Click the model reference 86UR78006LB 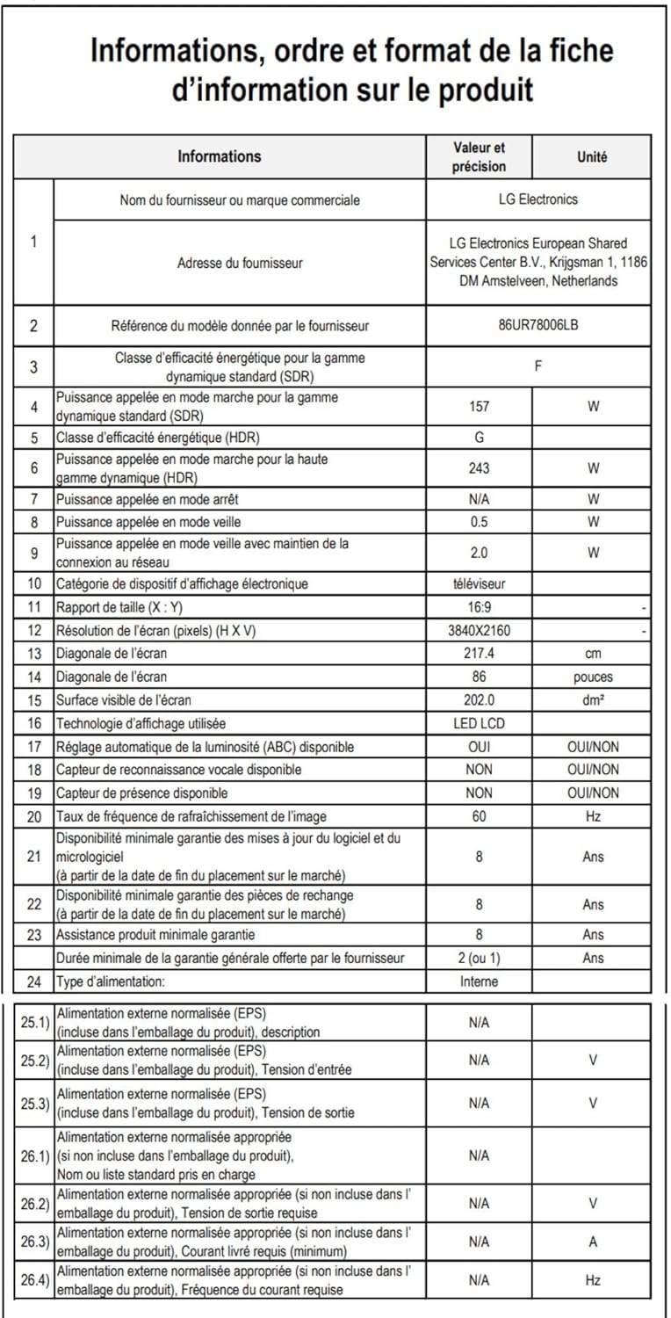538,325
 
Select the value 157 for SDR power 480,406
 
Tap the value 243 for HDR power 480,468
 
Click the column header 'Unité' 592,156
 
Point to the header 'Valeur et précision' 480,156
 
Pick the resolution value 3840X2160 480,630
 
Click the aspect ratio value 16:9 480,606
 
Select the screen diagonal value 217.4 480,654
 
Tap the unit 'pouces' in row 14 593,677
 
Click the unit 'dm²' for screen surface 593,700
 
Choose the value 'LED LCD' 480,723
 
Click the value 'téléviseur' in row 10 480,583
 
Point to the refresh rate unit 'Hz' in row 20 593,816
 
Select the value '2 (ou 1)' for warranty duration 480,958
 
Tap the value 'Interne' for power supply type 480,981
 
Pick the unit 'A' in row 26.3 593,1242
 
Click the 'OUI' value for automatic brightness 480,747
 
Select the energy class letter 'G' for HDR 480,437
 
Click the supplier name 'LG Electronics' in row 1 538,199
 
